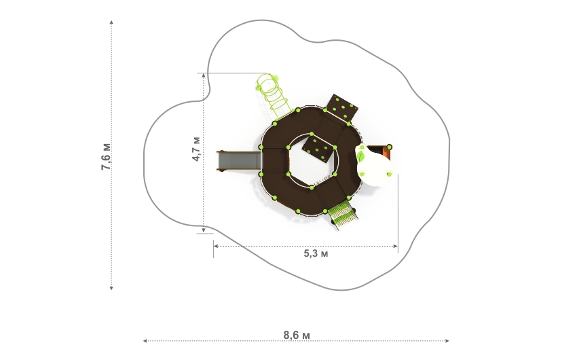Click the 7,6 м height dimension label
[x=106, y=156]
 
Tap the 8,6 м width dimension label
[x=297, y=336]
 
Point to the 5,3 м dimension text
[x=316, y=253]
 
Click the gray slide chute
[x=238, y=161]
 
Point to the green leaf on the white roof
[x=361, y=154]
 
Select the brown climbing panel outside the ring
[x=342, y=107]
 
